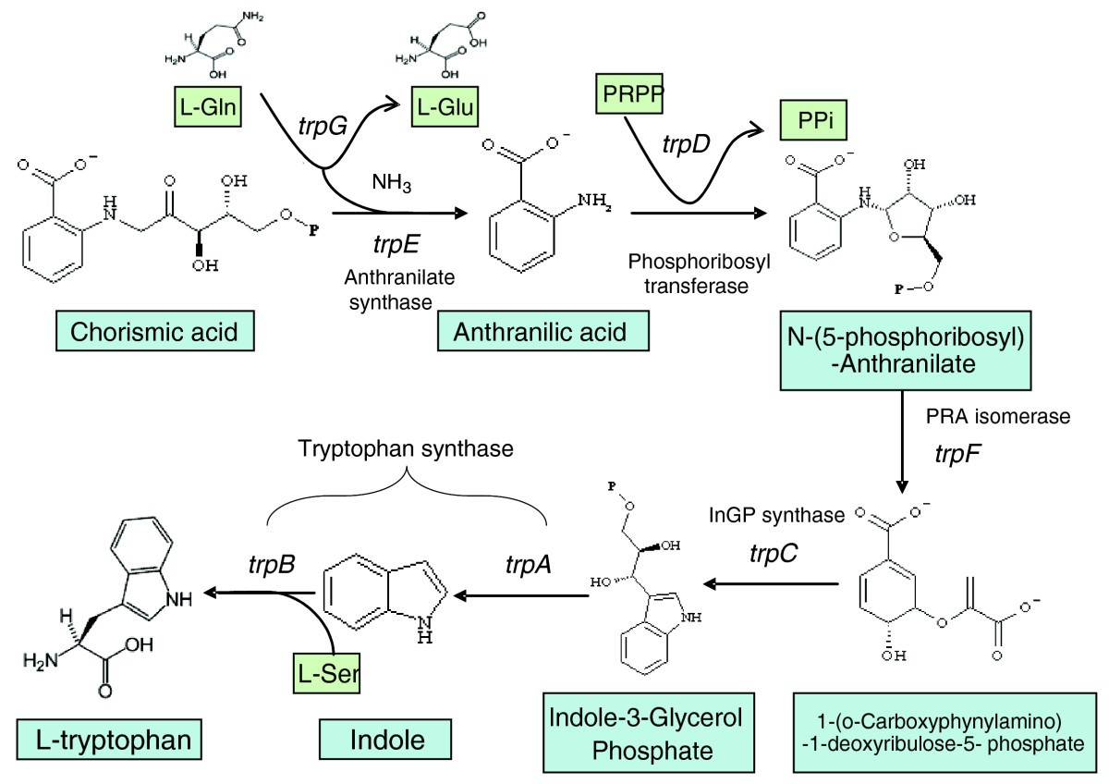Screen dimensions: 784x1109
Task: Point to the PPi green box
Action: pyautogui.click(x=812, y=121)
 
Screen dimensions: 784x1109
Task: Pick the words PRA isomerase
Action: pyautogui.click(x=997, y=416)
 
